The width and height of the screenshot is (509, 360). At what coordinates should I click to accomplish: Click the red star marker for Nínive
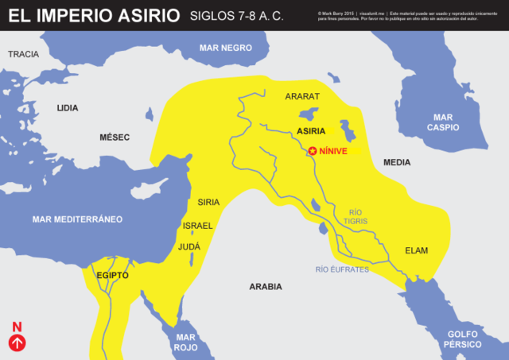313,150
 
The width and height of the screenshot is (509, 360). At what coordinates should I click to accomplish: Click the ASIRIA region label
310,130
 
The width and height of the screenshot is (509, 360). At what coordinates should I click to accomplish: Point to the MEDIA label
397,162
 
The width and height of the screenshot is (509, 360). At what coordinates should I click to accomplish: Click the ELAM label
416,250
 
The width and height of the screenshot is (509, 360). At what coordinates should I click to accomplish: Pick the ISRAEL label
198,226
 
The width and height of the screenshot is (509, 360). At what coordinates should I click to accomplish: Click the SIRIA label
208,202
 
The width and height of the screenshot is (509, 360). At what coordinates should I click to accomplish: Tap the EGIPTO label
112,275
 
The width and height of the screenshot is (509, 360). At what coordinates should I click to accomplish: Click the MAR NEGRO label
226,48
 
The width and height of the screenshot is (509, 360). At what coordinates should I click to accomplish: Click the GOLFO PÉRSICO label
460,339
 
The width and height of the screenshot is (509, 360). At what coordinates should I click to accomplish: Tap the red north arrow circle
17,343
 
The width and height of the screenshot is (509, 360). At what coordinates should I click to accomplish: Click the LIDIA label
68,106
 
